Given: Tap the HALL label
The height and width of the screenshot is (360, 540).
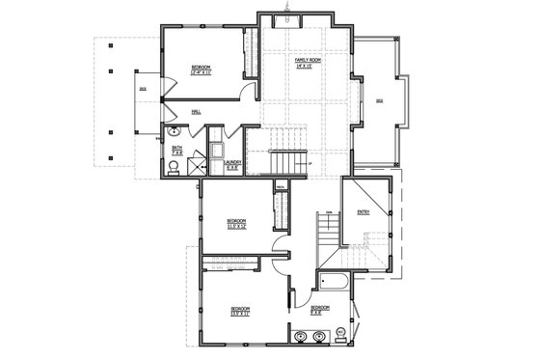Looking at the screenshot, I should tap(196, 112).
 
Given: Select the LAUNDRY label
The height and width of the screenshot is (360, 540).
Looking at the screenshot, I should tap(231, 164).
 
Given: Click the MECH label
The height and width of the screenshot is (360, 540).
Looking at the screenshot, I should tap(280, 185).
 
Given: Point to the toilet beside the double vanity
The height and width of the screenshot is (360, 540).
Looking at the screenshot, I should tap(340, 337).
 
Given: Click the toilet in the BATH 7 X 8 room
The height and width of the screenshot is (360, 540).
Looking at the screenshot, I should tap(171, 167).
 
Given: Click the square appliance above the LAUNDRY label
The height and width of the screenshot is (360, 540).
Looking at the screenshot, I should tap(218, 150).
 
